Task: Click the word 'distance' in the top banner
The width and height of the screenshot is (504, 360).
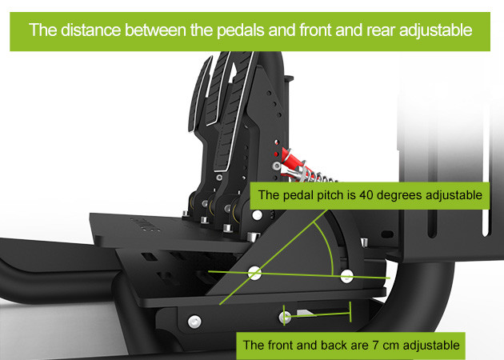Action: click(x=90, y=30)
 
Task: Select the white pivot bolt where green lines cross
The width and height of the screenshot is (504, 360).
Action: click(x=254, y=273)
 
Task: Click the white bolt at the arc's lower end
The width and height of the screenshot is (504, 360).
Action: click(x=347, y=277)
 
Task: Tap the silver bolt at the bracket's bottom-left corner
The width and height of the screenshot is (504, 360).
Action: click(x=194, y=322)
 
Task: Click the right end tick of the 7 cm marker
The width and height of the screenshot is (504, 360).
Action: click(x=350, y=312)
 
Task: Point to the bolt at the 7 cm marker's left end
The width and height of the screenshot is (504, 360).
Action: click(x=285, y=318)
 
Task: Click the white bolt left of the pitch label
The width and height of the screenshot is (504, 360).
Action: click(x=257, y=215)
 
